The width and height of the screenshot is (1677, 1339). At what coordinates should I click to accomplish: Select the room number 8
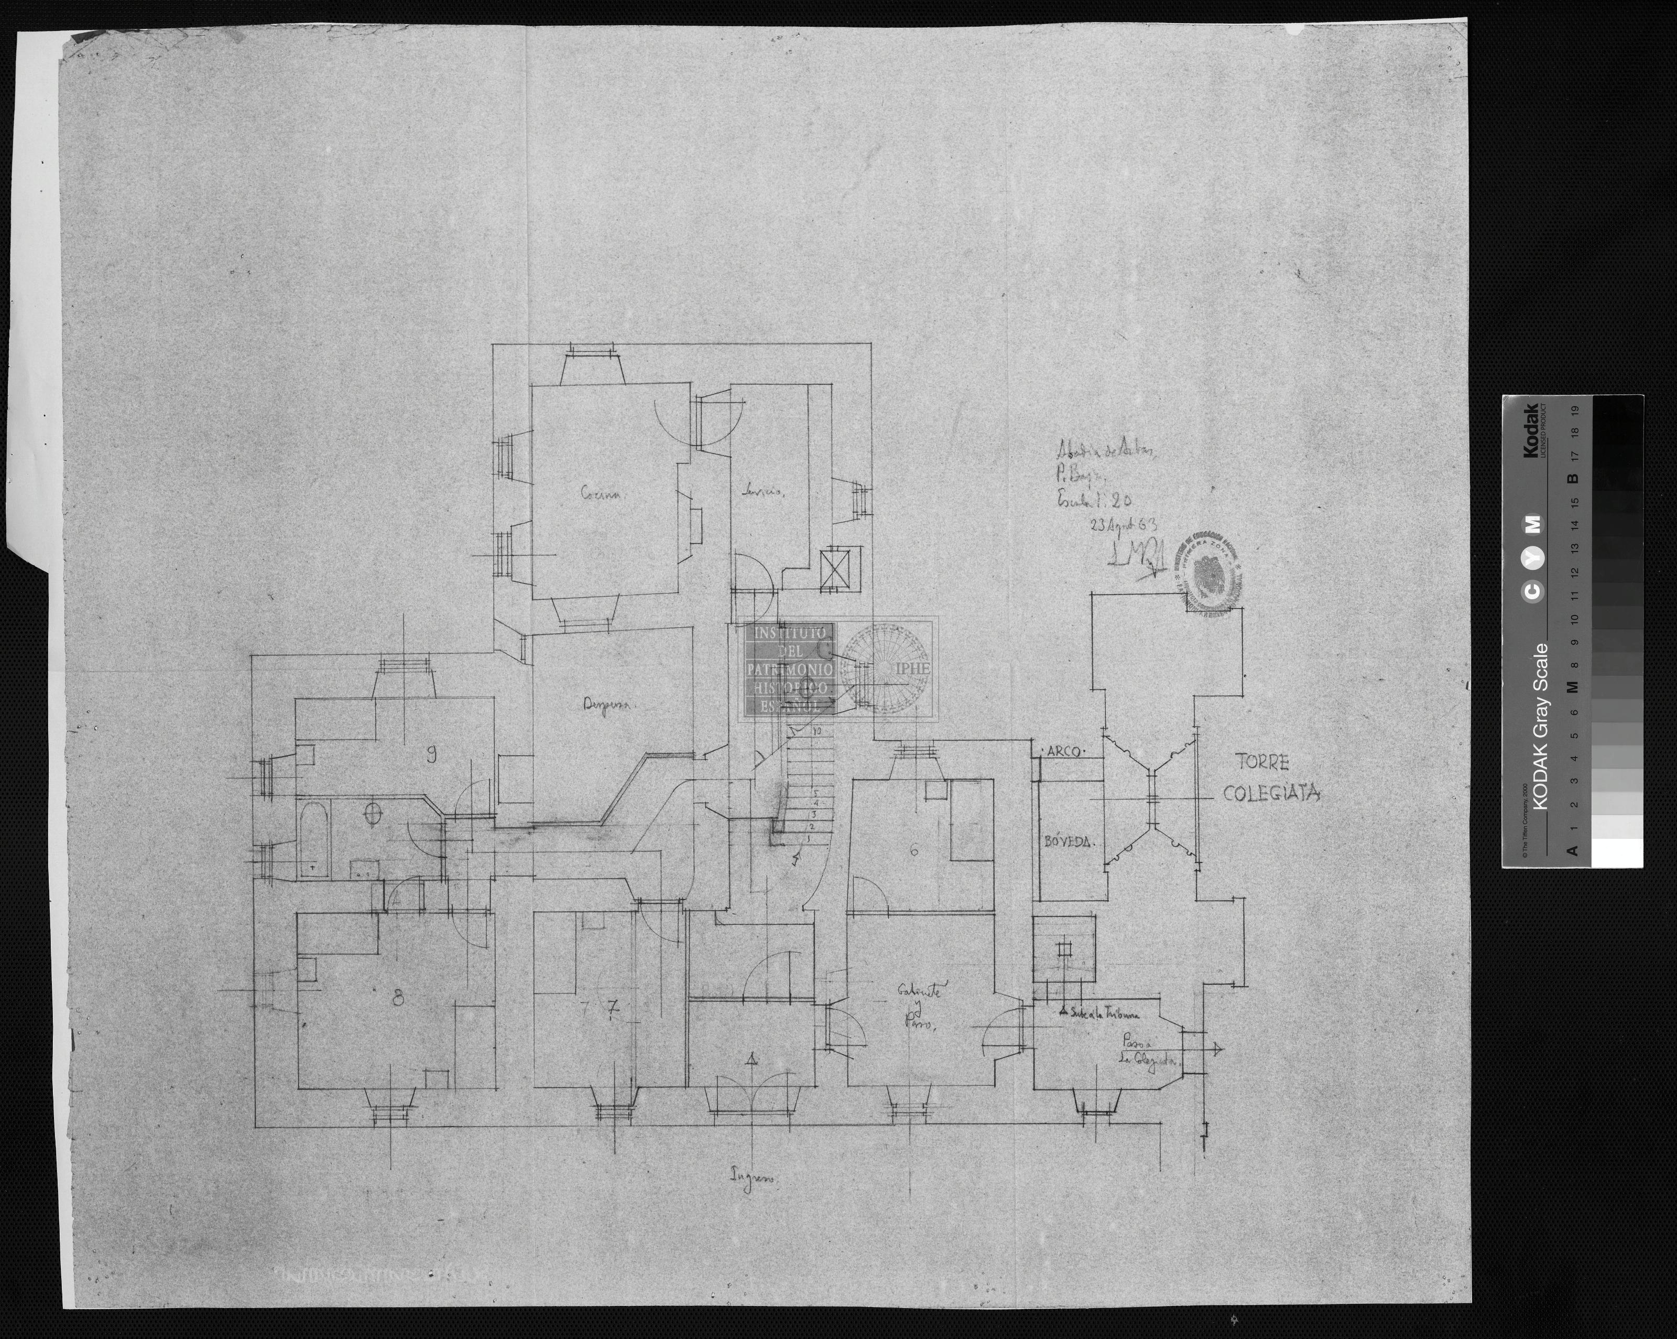(x=398, y=998)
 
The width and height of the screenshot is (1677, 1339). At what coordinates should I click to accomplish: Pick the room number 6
(x=914, y=850)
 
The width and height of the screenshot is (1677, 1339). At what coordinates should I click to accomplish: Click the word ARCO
(x=1062, y=752)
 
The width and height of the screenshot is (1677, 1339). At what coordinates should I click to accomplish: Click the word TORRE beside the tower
(x=1261, y=763)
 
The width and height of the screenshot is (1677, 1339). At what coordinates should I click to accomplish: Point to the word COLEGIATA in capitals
(x=1271, y=794)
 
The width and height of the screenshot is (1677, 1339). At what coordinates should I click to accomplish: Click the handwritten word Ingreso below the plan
(x=752, y=1176)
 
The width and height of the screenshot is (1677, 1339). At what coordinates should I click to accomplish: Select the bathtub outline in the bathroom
(x=313, y=840)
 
